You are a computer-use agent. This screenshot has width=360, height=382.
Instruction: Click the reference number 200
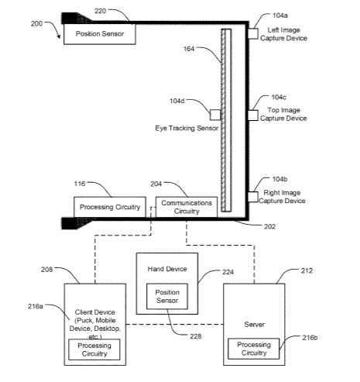point(36,24)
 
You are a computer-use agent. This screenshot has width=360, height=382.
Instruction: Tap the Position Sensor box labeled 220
point(100,34)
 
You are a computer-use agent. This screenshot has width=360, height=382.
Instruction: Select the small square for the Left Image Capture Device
point(253,34)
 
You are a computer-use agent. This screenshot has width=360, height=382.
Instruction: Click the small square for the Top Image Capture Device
point(253,115)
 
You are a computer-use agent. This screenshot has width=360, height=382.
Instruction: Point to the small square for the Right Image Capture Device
point(253,197)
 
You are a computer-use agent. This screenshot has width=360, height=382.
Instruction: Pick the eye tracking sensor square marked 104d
point(215,115)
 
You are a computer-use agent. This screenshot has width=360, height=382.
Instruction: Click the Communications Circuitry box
point(187,207)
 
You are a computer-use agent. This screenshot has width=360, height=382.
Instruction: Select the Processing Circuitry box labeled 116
point(110,207)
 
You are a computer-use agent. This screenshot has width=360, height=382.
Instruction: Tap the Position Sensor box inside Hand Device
point(167,296)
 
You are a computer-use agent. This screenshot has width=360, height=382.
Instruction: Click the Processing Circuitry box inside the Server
point(254,349)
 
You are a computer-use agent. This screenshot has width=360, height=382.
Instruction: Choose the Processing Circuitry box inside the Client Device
point(94,349)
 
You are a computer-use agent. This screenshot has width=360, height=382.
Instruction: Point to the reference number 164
point(189,49)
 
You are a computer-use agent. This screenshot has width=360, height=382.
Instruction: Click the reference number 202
point(269,226)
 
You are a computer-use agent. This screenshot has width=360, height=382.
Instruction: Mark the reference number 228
point(196,336)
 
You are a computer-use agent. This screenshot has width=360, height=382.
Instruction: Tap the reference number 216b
point(310,338)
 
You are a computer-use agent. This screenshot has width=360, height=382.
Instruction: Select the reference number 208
point(46,270)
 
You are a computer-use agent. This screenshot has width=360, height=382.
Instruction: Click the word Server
point(254,325)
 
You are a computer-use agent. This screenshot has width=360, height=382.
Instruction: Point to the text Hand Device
point(167,269)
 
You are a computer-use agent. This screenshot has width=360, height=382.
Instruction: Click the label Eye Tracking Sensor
point(187,128)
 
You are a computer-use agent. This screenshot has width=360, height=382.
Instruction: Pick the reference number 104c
point(279,97)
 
